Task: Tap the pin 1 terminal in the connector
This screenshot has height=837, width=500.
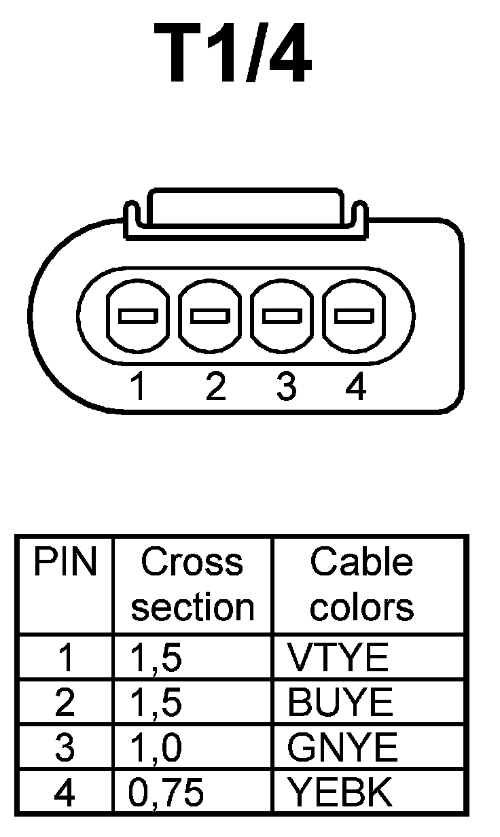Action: pyautogui.click(x=138, y=316)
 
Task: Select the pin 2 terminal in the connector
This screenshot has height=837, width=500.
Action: pyautogui.click(x=211, y=316)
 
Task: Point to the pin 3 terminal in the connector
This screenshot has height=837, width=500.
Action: pyautogui.click(x=283, y=316)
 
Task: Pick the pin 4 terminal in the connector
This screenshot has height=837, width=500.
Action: pyautogui.click(x=354, y=316)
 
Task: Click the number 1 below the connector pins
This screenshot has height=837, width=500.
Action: pyautogui.click(x=139, y=387)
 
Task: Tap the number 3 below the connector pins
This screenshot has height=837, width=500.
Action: pyautogui.click(x=286, y=387)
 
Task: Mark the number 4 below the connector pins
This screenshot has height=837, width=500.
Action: pyautogui.click(x=355, y=387)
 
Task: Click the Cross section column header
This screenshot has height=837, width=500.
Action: pyautogui.click(x=192, y=584)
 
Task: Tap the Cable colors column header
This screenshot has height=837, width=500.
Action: pyautogui.click(x=361, y=584)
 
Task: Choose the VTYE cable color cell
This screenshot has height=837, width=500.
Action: pyautogui.click(x=338, y=658)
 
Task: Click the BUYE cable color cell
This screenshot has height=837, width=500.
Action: pyautogui.click(x=340, y=702)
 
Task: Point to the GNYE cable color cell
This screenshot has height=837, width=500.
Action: pyautogui.click(x=342, y=748)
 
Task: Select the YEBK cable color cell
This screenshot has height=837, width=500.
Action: pyautogui.click(x=340, y=791)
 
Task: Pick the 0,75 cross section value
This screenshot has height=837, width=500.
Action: pyautogui.click(x=166, y=792)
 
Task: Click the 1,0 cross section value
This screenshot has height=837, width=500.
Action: pyautogui.click(x=156, y=748)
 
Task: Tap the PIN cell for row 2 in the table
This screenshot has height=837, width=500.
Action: pyautogui.click(x=65, y=702)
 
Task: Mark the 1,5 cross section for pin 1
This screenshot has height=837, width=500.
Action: pyautogui.click(x=156, y=658)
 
